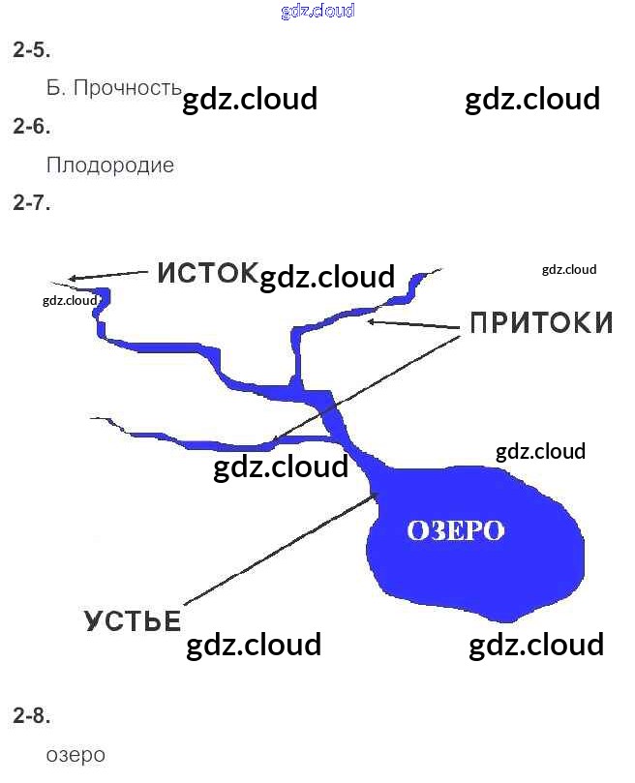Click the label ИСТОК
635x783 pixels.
coord(207,273)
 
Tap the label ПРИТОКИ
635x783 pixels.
coord(541,323)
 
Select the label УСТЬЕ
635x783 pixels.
coord(133,621)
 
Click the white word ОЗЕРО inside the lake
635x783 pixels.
coord(456,530)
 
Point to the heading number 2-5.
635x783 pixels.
coord(31,49)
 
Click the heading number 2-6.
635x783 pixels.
coord(31,126)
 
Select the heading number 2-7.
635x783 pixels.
coord(31,203)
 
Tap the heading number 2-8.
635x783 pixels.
coord(31,716)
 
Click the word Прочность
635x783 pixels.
coord(127,88)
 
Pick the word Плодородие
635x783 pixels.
coord(110,165)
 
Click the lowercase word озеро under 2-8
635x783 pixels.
coord(76,755)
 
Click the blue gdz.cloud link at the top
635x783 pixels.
coord(317,12)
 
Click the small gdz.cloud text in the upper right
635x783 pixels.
coord(569,270)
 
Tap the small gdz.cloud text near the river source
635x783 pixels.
coord(71,300)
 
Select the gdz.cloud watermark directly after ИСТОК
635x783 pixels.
coord(327,277)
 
